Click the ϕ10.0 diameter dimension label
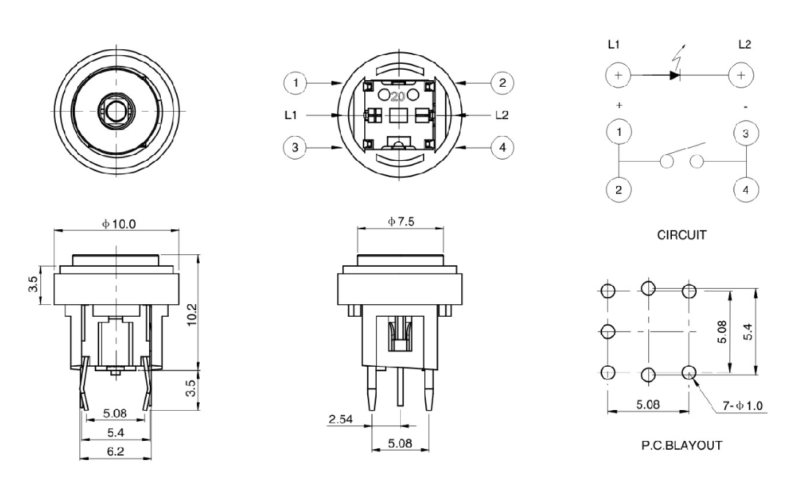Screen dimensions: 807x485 (119, 224)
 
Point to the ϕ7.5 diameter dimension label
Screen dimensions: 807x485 (401, 221)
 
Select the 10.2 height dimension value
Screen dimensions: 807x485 (192, 315)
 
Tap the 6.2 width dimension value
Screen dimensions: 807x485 (115, 451)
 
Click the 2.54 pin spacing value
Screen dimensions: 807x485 (341, 419)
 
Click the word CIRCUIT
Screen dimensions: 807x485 (681, 234)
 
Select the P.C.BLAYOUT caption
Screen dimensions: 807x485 (681, 445)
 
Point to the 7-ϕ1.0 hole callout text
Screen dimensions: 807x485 (742, 406)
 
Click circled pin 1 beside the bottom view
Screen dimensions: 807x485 (295, 82)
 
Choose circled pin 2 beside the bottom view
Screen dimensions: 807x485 (502, 82)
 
